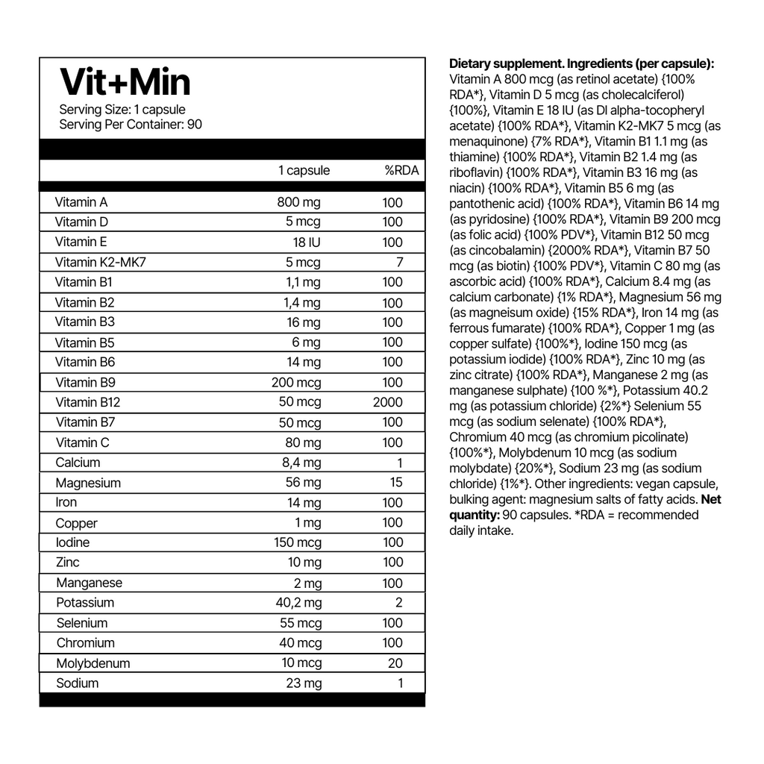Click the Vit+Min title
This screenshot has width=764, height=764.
pyautogui.click(x=125, y=81)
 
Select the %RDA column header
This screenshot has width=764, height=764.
pyautogui.click(x=401, y=170)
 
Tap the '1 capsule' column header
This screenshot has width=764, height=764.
pyautogui.click(x=304, y=170)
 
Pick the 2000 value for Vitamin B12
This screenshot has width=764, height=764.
pyautogui.click(x=388, y=402)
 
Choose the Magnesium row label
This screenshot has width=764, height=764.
pyautogui.click(x=88, y=483)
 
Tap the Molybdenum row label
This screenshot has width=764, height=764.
pyautogui.click(x=93, y=663)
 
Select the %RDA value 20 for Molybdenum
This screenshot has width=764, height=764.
pyautogui.click(x=395, y=663)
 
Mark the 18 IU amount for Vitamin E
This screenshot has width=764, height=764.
pyautogui.click(x=306, y=242)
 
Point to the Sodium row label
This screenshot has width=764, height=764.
pyautogui.click(x=77, y=683)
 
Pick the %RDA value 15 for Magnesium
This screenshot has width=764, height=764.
pyautogui.click(x=395, y=483)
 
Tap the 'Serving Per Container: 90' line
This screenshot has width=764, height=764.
pyautogui.click(x=131, y=125)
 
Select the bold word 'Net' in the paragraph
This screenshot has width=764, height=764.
pyautogui.click(x=712, y=499)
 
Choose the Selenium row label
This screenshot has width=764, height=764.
pyautogui.click(x=82, y=623)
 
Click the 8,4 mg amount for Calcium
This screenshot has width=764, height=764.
pyautogui.click(x=301, y=463)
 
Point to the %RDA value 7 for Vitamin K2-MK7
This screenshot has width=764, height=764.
pyautogui.click(x=399, y=262)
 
